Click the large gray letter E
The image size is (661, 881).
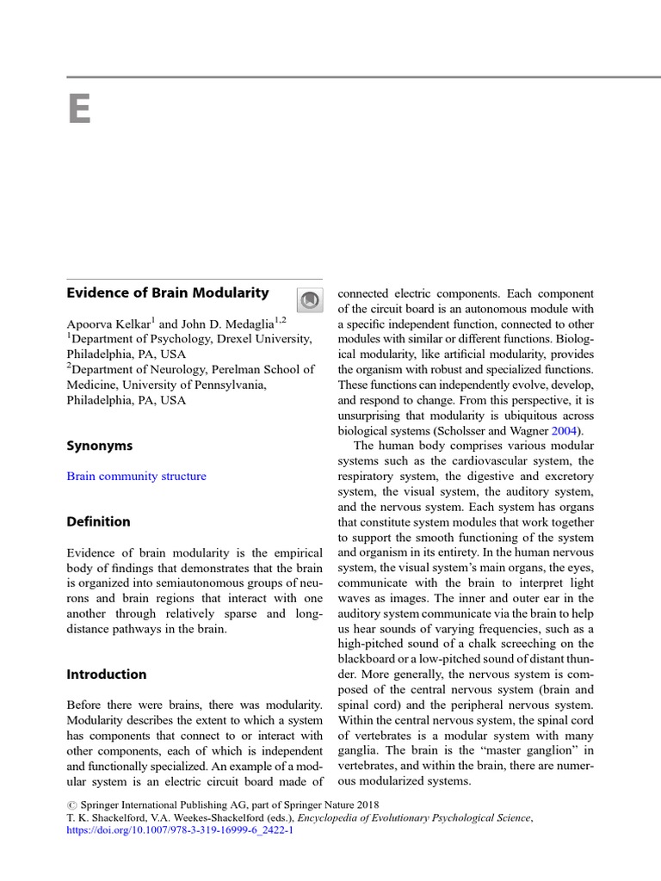79,109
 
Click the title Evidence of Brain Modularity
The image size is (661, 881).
168,293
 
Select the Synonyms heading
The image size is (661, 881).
100,446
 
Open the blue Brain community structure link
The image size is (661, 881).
137,476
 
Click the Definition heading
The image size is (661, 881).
99,521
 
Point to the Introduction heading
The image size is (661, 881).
107,675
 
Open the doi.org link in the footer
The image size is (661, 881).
180,831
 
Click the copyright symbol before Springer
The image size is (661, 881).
71,805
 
